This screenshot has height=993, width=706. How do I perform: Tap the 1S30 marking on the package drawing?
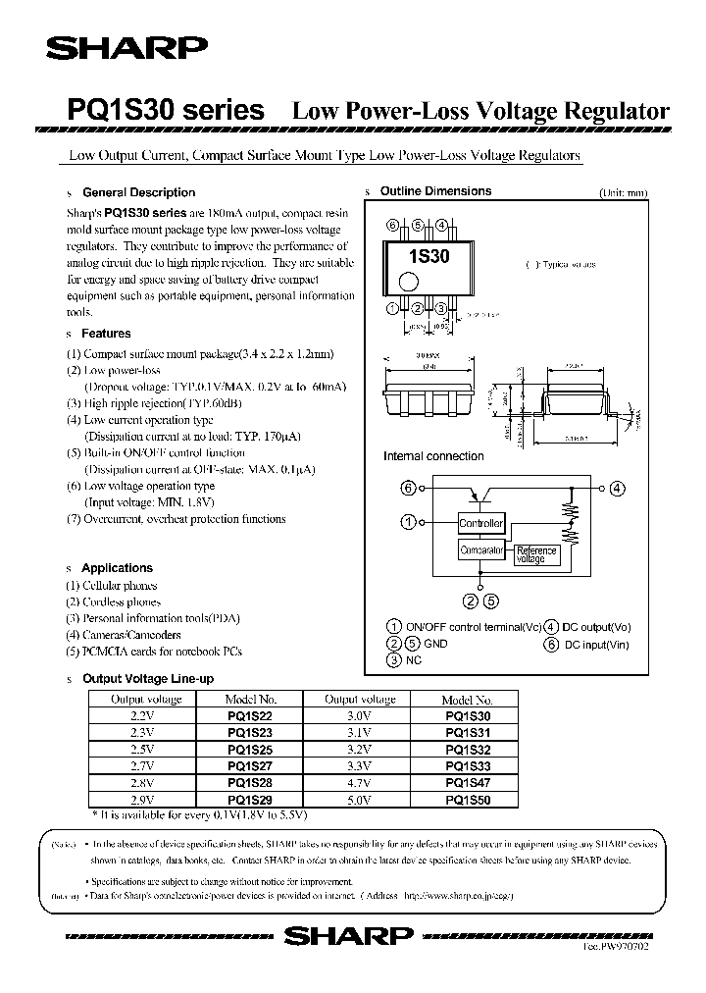[x=429, y=258]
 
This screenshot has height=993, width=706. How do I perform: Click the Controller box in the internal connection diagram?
[x=481, y=524]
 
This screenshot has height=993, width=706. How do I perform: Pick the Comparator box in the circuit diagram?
[x=481, y=551]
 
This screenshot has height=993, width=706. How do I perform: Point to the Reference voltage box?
[x=536, y=553]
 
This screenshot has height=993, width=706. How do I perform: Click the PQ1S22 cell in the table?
[x=250, y=716]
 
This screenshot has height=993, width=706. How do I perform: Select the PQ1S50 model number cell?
[x=468, y=800]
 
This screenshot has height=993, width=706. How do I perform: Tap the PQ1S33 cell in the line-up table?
[x=468, y=766]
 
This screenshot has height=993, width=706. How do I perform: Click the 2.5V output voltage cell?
[x=142, y=750]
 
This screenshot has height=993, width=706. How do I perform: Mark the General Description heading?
[x=138, y=192]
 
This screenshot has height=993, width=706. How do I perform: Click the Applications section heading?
[x=117, y=568]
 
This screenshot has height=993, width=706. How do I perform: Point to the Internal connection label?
[x=433, y=456]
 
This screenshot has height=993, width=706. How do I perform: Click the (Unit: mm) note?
[x=623, y=193]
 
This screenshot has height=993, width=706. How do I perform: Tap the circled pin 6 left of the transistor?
[x=409, y=488]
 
